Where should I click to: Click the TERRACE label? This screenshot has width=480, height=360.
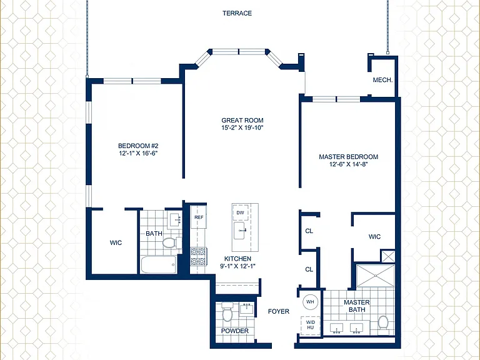pyautogui.click(x=237, y=13)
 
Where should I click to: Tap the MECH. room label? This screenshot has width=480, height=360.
pyautogui.click(x=382, y=80)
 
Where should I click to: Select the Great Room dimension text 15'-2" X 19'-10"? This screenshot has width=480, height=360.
pyautogui.click(x=242, y=127)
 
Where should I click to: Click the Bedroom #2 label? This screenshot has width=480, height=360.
pyautogui.click(x=138, y=146)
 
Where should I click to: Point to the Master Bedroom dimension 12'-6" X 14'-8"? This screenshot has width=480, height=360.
pyautogui.click(x=348, y=164)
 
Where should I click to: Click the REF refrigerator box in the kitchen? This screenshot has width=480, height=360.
pyautogui.click(x=199, y=217)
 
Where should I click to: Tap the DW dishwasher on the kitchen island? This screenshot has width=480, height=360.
pyautogui.click(x=240, y=212)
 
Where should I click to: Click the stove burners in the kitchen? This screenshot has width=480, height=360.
pyautogui.click(x=198, y=256)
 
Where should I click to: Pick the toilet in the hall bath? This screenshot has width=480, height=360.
pyautogui.click(x=171, y=242)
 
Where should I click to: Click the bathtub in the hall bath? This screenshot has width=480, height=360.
pyautogui.click(x=159, y=265)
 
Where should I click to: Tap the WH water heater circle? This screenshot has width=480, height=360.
pyautogui.click(x=310, y=302)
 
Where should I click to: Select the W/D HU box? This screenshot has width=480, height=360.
pyautogui.click(x=311, y=325)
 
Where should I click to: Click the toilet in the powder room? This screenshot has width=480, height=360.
pyautogui.click(x=227, y=312)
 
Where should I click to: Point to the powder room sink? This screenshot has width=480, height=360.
pyautogui.click(x=247, y=309)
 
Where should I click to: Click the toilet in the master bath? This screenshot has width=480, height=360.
pyautogui.click(x=383, y=322)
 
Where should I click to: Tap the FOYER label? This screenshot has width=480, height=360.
pyautogui.click(x=279, y=311)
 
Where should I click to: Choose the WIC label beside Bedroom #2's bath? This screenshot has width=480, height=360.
pyautogui.click(x=116, y=242)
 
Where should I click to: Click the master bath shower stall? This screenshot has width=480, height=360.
pyautogui.click(x=376, y=276)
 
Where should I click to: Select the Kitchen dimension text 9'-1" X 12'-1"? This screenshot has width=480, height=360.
pyautogui.click(x=238, y=266)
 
